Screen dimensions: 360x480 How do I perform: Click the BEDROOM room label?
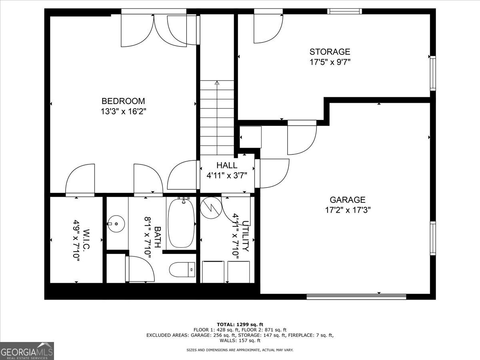click(123, 101)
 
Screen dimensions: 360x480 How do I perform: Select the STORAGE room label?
click(330, 52)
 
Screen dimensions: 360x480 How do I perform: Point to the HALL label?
click(227, 165)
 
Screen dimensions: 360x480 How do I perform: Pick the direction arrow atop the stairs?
click(217, 83)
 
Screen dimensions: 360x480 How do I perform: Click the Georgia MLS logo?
click(27, 351)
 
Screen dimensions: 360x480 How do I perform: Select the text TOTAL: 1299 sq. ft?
click(240, 324)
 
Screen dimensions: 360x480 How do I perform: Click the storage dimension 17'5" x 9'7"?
click(330, 62)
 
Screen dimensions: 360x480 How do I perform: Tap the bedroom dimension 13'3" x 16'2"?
click(123, 112)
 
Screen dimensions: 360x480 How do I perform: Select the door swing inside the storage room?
click(267, 28)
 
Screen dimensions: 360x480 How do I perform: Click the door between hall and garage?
click(273, 173)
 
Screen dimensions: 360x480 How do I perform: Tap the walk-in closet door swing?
click(80, 179)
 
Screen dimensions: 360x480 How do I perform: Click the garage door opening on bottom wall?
click(356, 296)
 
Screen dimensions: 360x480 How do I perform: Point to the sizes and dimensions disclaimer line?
click(240, 350)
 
